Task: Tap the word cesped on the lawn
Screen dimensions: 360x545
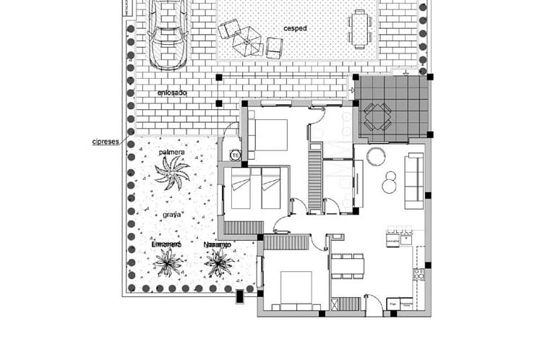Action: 295,29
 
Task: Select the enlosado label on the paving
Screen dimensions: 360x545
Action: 172,93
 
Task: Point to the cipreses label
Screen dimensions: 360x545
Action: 106,142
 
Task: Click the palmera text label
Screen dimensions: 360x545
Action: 172,153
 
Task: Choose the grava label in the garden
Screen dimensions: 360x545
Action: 171,215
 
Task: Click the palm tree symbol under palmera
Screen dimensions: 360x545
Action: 172,174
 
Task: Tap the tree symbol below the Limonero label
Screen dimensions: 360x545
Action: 168,264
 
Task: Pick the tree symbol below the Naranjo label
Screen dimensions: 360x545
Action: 218,264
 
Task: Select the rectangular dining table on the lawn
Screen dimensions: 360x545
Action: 360,29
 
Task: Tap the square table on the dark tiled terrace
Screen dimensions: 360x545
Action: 377,115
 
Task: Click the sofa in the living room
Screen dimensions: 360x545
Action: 414,181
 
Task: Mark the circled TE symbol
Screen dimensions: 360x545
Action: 235,155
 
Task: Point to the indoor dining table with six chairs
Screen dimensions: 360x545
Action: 348,265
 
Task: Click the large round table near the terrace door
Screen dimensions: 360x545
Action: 376,156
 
